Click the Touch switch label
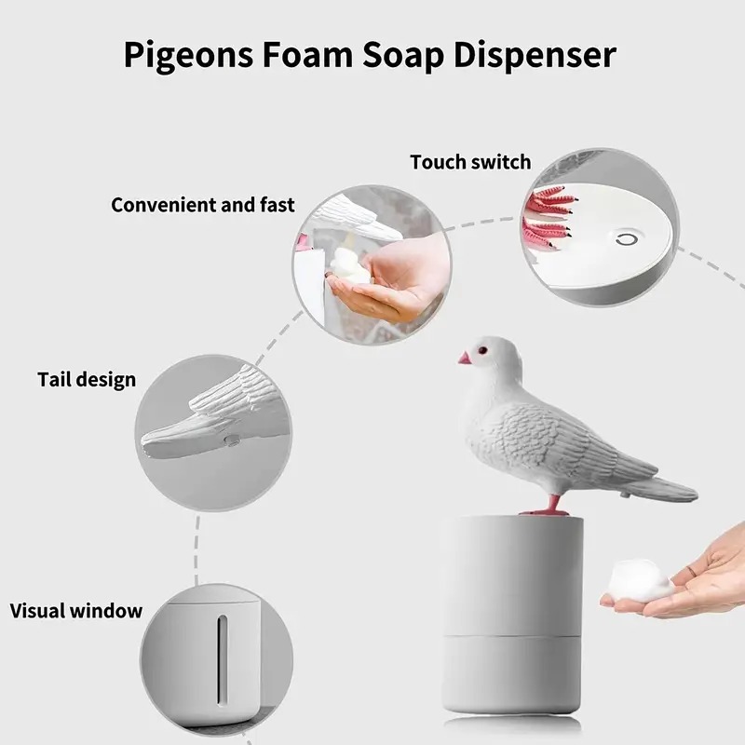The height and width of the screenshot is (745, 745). [470, 162]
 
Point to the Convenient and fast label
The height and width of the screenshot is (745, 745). [203, 204]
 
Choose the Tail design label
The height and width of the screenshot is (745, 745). [87, 379]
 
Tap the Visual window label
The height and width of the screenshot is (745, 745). [76, 611]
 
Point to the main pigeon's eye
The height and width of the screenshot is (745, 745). [484, 351]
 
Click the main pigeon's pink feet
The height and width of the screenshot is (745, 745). [544, 509]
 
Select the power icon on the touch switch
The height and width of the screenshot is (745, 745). [621, 240]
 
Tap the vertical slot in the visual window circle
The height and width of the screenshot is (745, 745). [222, 657]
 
